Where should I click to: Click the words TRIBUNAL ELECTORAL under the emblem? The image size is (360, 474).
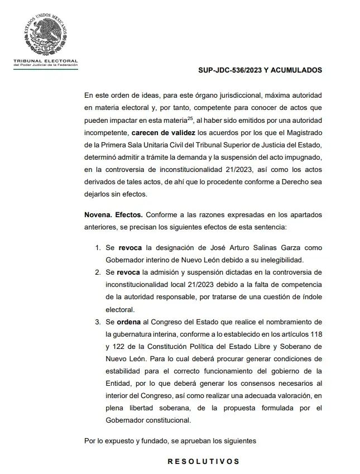coord(45,60)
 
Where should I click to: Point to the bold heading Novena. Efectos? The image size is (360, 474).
coord(114,214)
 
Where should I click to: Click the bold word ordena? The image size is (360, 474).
coord(130,322)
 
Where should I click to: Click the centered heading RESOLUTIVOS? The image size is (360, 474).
coord(204,462)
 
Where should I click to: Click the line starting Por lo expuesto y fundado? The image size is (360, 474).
coord(170,441)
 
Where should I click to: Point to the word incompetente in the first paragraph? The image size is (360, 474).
coord(106,133)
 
